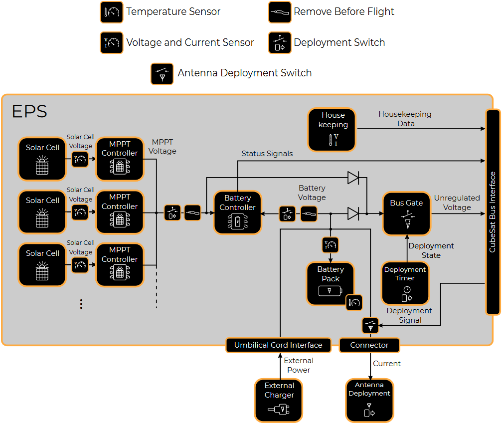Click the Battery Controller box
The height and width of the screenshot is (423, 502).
pyautogui.click(x=237, y=212)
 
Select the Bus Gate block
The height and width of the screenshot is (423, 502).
pyautogui.click(x=406, y=213)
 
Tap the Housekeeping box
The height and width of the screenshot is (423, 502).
pyautogui.click(x=332, y=130)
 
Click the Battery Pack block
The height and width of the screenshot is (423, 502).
pyautogui.click(x=330, y=284)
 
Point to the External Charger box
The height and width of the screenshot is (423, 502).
pyautogui.click(x=279, y=400)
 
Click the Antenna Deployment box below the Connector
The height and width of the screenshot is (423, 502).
pyautogui.click(x=369, y=400)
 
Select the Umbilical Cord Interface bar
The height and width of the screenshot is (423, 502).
pyautogui.click(x=278, y=345)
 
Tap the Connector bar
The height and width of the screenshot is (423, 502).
pyautogui.click(x=369, y=345)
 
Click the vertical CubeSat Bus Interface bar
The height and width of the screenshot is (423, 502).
pyautogui.click(x=493, y=212)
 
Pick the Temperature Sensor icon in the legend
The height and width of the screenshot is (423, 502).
pyautogui.click(x=112, y=11)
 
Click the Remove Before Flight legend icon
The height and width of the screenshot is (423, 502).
pyautogui.click(x=280, y=11)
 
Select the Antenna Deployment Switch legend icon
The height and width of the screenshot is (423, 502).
pyautogui.click(x=162, y=73)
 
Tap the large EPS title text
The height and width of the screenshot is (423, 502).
pyautogui.click(x=29, y=111)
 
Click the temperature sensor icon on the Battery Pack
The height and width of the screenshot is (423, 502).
pyautogui.click(x=354, y=302)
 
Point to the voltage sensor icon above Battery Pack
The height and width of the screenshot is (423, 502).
pyautogui.click(x=330, y=244)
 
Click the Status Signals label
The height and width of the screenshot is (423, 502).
pyautogui.click(x=267, y=154)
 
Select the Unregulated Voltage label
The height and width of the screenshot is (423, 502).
pyautogui.click(x=457, y=203)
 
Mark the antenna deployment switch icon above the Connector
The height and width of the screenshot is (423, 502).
pyautogui.click(x=370, y=325)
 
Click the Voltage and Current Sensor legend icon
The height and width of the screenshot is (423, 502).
pyautogui.click(x=112, y=43)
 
